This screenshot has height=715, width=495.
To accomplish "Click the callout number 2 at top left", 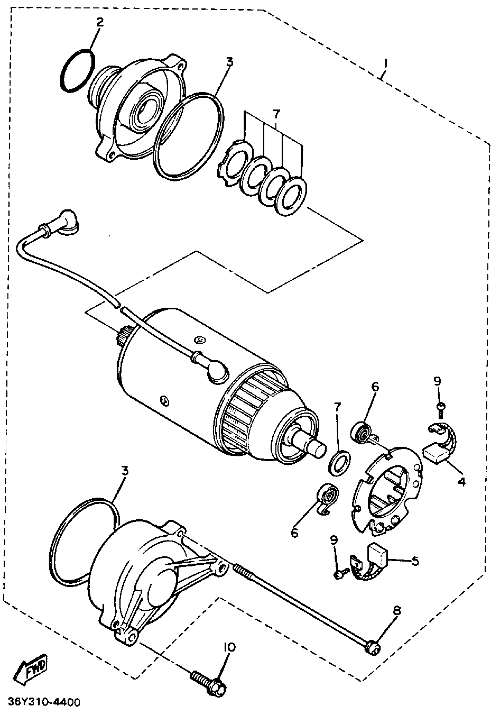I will [x=100, y=23].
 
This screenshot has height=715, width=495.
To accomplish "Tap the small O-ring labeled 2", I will [x=77, y=70].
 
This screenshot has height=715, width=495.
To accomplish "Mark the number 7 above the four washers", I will [x=275, y=114].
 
